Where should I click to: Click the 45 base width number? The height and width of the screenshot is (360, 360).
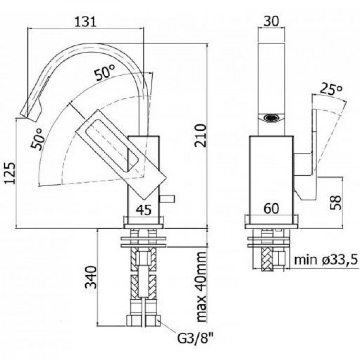click(x=143, y=210)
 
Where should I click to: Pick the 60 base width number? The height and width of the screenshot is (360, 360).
click(x=271, y=209)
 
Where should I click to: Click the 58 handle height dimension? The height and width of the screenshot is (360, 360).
click(x=335, y=203)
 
